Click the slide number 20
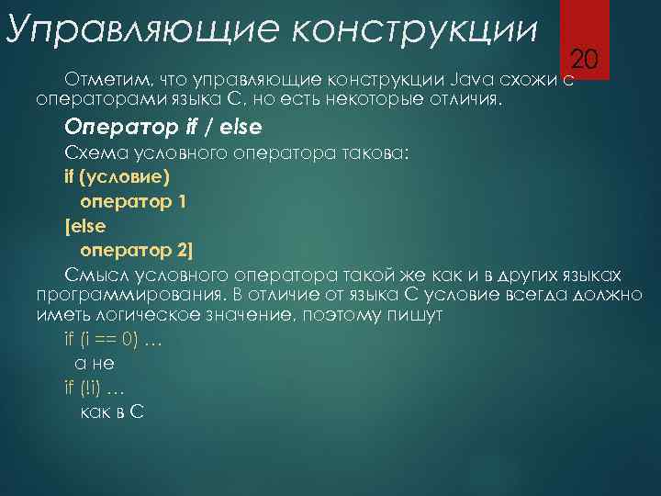(x=585, y=61)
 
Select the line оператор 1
(x=134, y=201)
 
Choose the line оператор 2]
(x=137, y=251)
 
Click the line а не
(x=94, y=364)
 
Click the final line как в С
(x=111, y=411)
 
